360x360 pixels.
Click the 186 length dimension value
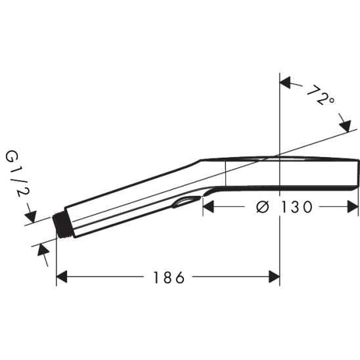tap(169, 278)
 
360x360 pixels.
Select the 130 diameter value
tap(297, 207)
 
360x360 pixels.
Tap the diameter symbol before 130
tap(262, 207)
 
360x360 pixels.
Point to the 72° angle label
tap(321, 95)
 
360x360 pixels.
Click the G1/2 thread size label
tap(18, 174)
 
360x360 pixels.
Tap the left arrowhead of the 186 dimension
tap(62, 277)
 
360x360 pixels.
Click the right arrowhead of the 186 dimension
tap(275, 277)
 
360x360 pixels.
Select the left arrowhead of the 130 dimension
tap(208, 206)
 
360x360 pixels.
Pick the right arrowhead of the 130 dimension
tap(353, 206)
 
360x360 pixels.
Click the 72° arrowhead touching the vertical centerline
tap(285, 83)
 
